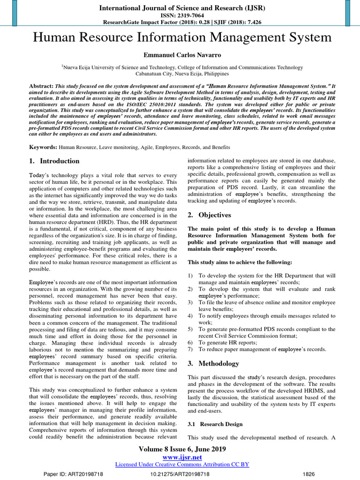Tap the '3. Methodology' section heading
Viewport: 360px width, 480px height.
pyautogui.click(x=213, y=364)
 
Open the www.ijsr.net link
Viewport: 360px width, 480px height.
pyautogui.click(x=182, y=457)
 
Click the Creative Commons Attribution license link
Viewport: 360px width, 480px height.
pyautogui.click(x=182, y=464)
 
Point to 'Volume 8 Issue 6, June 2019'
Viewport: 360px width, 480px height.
pyautogui.click(x=182, y=449)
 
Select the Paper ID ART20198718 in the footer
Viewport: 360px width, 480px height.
pyautogui.click(x=73, y=474)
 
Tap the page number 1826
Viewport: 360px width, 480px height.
pyautogui.click(x=309, y=474)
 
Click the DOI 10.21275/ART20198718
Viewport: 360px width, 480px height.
pyautogui.click(x=180, y=474)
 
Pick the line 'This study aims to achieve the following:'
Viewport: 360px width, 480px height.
pyautogui.click(x=240, y=262)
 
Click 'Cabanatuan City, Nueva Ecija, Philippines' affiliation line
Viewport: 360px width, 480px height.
pyautogui.click(x=182, y=74)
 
